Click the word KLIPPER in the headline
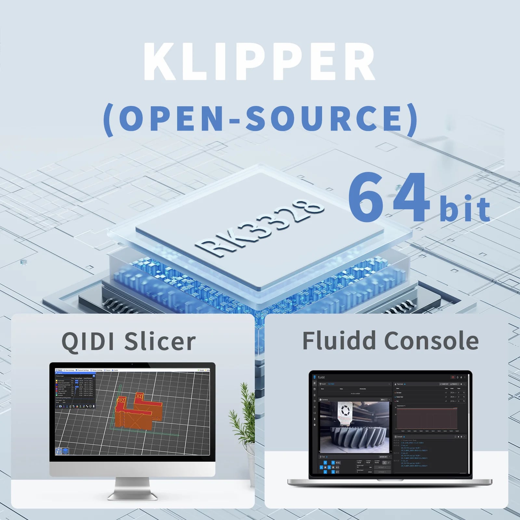259,61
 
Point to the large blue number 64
389,199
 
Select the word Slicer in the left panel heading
160,341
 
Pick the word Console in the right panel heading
431,341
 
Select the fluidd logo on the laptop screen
315,377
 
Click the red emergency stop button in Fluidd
452,377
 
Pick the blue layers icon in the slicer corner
65,451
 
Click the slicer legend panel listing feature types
75,390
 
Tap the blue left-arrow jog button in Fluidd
321,467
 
